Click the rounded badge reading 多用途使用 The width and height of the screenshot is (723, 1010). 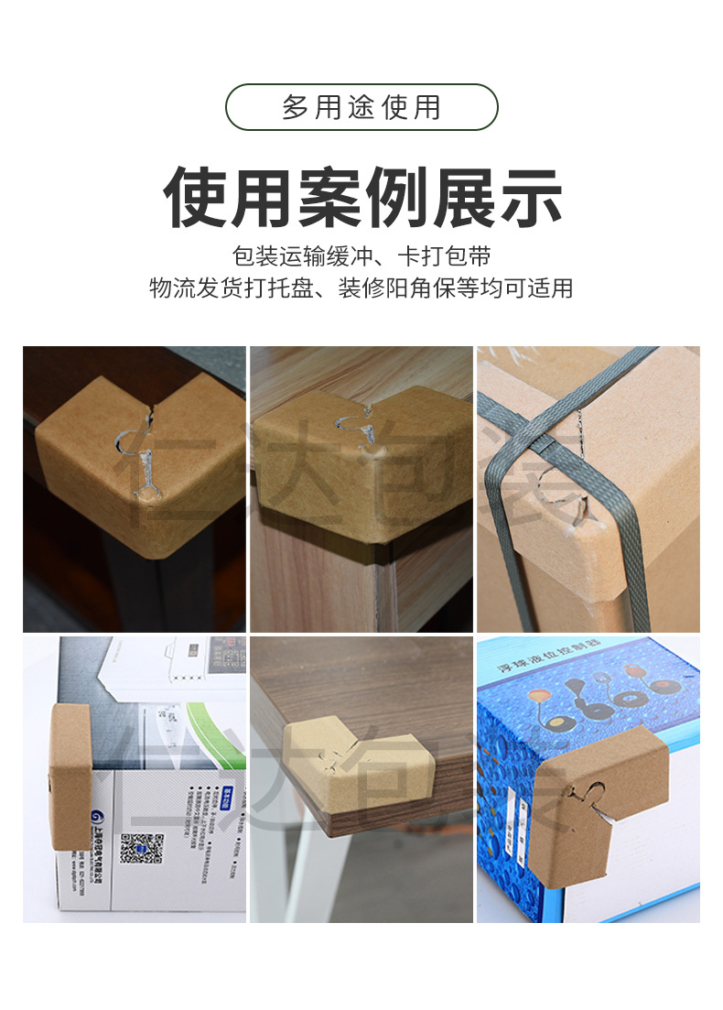(x=361, y=107)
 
